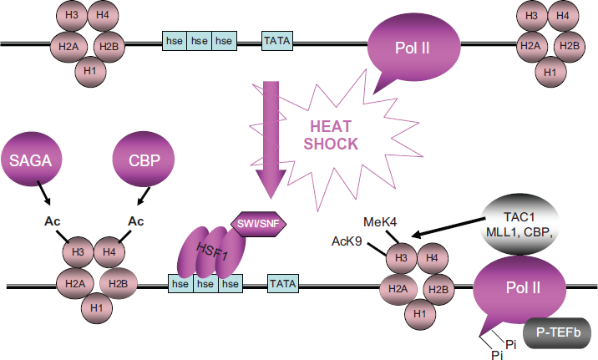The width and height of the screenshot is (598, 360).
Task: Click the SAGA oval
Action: (x=31, y=160)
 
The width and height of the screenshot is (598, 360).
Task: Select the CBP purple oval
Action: (x=144, y=160)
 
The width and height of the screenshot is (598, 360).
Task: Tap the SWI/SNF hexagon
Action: (x=259, y=224)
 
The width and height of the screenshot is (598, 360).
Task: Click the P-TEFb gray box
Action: (x=558, y=332)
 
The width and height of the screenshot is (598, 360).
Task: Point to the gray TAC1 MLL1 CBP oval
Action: (x=519, y=225)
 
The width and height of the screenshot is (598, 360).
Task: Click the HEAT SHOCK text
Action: (x=331, y=135)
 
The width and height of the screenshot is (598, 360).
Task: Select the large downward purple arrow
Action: (x=271, y=139)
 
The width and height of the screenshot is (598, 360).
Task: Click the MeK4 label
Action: (x=380, y=222)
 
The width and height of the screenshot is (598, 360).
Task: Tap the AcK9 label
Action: (x=347, y=241)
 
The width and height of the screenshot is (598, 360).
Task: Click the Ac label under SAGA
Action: (x=53, y=221)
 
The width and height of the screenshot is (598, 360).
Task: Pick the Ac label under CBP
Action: (x=136, y=221)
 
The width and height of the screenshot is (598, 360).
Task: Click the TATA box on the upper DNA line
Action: (x=277, y=40)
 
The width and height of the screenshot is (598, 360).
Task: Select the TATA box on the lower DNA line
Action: (x=282, y=284)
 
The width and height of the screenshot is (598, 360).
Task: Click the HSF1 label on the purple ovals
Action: (x=212, y=251)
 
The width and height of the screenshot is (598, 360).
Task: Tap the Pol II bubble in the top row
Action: (x=413, y=48)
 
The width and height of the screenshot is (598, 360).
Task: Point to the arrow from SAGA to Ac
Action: (x=43, y=192)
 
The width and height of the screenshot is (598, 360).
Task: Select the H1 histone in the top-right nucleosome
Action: (x=550, y=72)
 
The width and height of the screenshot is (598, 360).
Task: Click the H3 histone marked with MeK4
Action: (x=401, y=258)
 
